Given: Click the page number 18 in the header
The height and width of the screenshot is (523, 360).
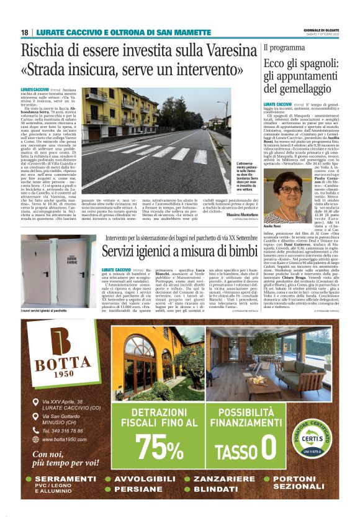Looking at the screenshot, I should pyautogui.click(x=25, y=32).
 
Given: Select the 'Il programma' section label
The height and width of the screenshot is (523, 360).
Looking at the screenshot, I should pyautogui.click(x=284, y=47).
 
